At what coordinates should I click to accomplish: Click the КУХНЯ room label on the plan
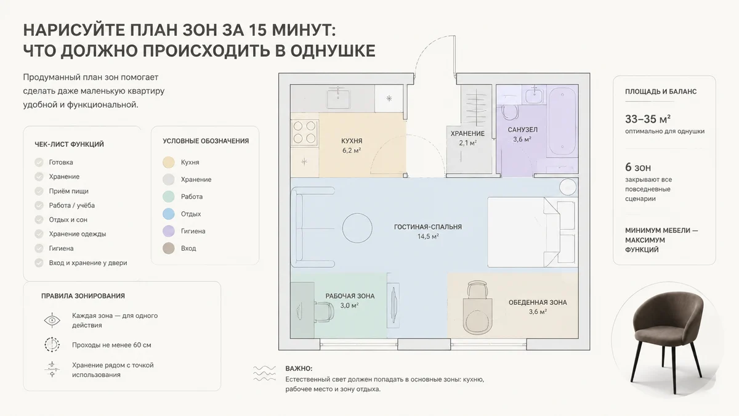pos(352,141)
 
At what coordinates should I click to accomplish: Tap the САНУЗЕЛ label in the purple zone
pos(523,130)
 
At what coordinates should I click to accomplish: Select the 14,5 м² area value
pos(428,237)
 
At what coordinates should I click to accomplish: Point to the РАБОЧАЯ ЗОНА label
pos(350,296)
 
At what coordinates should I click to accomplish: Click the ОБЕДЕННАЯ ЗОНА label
pos(538,303)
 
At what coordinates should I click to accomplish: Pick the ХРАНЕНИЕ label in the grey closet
pos(467,134)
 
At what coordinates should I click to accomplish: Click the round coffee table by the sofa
pos(357,228)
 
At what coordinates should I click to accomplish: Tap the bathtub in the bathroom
pos(562,122)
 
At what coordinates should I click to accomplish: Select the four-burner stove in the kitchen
pos(304,133)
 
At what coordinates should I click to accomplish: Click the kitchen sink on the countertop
pos(338,98)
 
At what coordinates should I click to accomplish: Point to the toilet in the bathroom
pos(510,112)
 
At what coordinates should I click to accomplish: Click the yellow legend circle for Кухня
pos(169,163)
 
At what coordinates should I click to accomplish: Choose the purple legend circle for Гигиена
pos(169,231)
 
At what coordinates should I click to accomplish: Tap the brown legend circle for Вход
pos(169,248)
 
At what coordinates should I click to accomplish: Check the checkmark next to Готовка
pos(39,163)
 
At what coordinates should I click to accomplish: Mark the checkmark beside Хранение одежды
pos(39,234)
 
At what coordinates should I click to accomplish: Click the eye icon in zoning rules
pos(52,320)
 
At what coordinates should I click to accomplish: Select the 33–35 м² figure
pos(648,119)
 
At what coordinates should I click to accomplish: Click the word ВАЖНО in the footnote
pos(299,369)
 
